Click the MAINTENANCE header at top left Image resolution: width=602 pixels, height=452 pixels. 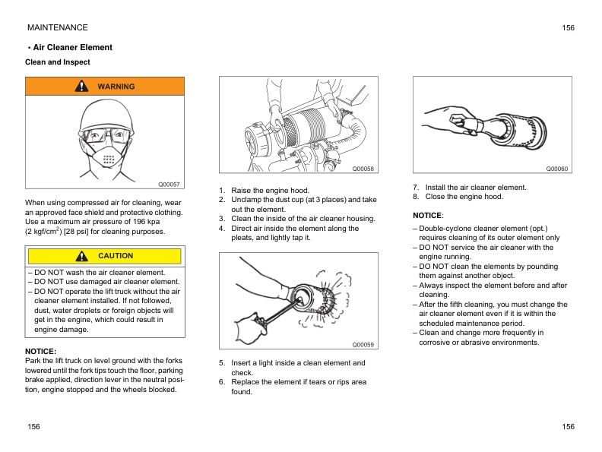57,27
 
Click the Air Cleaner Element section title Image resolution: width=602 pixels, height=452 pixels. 72,47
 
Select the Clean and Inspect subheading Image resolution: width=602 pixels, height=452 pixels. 58,62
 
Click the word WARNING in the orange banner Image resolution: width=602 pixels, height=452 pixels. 116,87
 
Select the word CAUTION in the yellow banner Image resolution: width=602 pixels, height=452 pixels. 116,256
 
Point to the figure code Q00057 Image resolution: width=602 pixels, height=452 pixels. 169,185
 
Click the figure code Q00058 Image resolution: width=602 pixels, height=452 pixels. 363,169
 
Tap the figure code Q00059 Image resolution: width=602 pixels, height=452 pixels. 363,345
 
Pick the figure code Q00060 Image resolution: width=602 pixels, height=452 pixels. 556,169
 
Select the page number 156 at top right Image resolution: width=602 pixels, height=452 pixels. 568,27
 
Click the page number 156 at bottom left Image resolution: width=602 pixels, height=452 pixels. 33,428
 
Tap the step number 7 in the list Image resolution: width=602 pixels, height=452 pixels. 416,187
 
